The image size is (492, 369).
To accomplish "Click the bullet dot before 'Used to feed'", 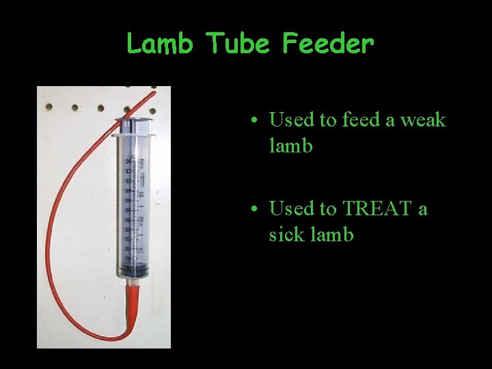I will [253, 122].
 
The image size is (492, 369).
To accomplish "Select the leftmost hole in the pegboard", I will [49, 107].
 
